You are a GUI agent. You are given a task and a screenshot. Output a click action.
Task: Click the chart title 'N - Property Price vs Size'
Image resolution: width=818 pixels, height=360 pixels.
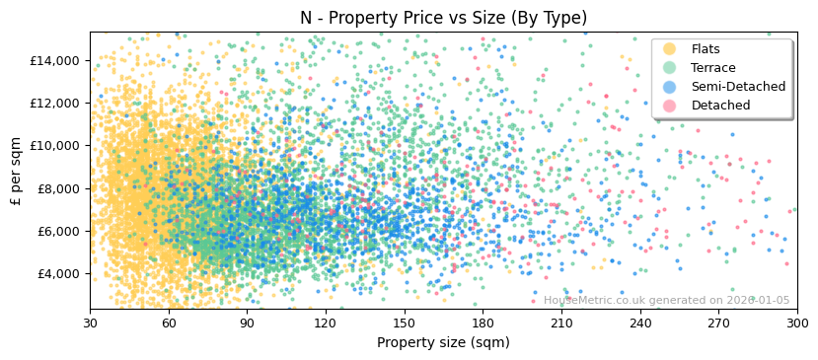point(443,18)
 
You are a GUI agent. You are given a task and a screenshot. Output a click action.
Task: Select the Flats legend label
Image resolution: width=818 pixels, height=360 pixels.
point(706,49)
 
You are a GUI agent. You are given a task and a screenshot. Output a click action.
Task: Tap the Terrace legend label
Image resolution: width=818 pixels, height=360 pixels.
point(712,68)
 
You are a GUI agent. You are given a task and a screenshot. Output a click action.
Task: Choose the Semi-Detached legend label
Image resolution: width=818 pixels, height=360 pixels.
point(738,87)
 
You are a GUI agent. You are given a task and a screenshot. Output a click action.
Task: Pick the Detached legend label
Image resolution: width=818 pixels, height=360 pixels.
point(720,106)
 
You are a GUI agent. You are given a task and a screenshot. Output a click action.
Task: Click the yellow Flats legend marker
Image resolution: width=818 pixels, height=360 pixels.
point(670,49)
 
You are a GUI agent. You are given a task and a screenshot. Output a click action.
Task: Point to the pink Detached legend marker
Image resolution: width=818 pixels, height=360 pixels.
point(670,106)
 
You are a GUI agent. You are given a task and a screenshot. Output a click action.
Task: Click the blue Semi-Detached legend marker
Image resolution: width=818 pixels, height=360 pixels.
point(670,87)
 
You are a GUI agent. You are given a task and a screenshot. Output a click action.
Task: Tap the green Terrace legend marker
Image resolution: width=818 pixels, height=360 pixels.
point(670,68)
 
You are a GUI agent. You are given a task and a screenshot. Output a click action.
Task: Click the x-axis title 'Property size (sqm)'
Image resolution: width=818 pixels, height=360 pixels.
point(443,343)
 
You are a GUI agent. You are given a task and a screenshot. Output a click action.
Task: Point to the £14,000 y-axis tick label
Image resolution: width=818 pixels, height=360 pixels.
point(53,60)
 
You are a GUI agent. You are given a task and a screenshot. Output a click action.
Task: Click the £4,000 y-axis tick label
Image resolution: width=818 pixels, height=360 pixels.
point(56,273)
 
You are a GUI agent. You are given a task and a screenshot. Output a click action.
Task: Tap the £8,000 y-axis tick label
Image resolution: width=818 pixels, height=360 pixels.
point(56,188)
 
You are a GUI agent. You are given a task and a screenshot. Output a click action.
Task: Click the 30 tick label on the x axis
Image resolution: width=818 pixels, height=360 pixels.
point(90,323)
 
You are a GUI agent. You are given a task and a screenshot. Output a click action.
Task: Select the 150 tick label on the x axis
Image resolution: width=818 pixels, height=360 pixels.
point(404,323)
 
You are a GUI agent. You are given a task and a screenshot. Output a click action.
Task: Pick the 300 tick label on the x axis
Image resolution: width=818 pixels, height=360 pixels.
point(796,323)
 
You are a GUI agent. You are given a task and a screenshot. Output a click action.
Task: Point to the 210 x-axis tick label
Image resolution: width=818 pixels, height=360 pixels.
point(561,323)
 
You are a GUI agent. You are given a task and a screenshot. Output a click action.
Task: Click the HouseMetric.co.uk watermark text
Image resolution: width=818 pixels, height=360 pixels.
point(666,301)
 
